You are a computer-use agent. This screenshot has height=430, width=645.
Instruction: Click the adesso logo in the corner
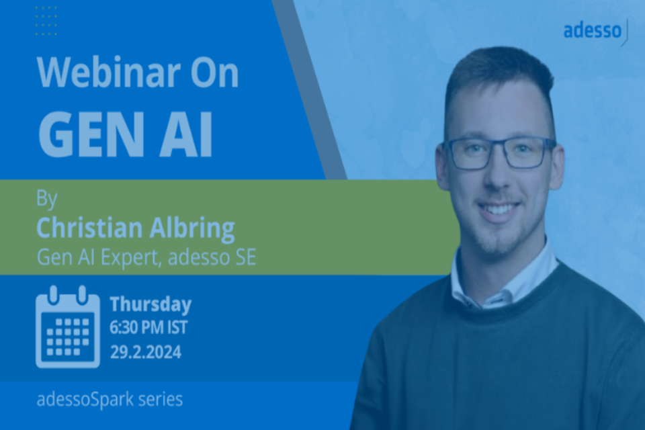pos(595,32)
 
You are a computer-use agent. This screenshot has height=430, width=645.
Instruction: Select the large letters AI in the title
pos(186,134)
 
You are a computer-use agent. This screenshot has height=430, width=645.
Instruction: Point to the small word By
pos(46,199)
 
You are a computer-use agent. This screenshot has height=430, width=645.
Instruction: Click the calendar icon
pos(68,327)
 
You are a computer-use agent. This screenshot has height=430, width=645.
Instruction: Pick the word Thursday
pos(150,304)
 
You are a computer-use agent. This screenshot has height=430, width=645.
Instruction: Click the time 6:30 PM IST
pos(148,328)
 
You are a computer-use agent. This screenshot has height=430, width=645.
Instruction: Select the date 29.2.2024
pos(146,352)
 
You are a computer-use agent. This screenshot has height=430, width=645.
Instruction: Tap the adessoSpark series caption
pos(110,399)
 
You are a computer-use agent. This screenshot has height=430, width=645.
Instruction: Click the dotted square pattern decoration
pos(46,21)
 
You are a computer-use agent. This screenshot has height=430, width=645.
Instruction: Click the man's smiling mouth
pos(499,209)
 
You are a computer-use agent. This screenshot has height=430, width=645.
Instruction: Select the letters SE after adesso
pos(246,257)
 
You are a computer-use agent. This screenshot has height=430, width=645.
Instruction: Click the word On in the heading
pos(214,73)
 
